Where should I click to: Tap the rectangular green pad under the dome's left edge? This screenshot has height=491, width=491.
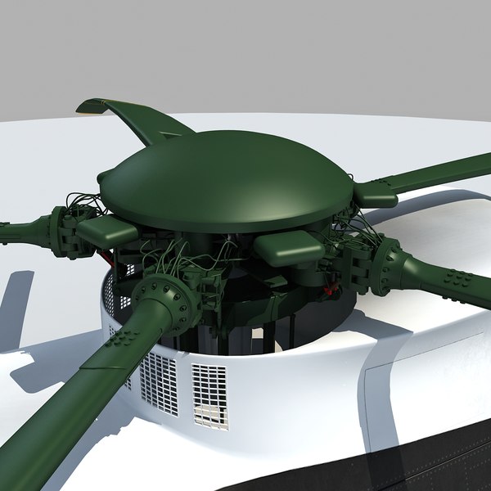pyautogui.click(x=106, y=232)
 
